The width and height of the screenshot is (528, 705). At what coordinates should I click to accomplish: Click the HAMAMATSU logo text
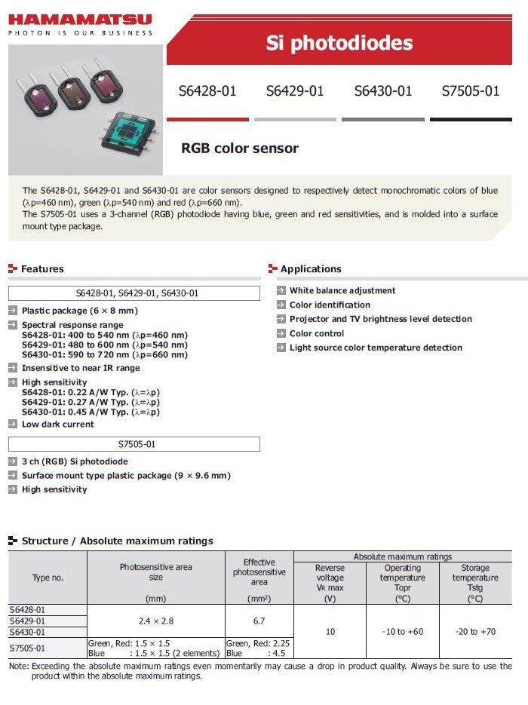(80, 20)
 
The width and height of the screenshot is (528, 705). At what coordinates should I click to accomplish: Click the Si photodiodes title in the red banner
(339, 43)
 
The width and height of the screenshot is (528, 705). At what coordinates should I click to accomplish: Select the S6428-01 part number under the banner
(207, 91)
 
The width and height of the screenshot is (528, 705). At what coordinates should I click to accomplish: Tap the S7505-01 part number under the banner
(471, 91)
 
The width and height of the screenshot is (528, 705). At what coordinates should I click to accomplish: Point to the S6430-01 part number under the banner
(383, 91)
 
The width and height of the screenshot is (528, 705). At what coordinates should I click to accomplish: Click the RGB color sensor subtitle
(240, 149)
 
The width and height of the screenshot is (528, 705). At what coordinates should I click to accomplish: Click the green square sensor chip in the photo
(132, 139)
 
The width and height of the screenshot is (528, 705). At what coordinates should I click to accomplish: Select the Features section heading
(42, 269)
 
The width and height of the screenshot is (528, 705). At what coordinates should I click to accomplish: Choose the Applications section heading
(311, 269)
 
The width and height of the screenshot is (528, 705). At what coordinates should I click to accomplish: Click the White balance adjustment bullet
(342, 290)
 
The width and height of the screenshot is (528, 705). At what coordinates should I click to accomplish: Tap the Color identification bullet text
(330, 305)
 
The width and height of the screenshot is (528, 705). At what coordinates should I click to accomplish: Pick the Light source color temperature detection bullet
(376, 348)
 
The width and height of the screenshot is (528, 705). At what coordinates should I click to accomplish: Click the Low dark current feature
(58, 425)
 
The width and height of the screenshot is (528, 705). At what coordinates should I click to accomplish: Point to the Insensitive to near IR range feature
(81, 368)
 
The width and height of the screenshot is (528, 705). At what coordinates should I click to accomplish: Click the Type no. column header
(48, 578)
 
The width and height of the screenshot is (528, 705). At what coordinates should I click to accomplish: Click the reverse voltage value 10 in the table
(330, 632)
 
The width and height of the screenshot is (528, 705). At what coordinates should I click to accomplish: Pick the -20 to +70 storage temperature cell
(475, 632)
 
